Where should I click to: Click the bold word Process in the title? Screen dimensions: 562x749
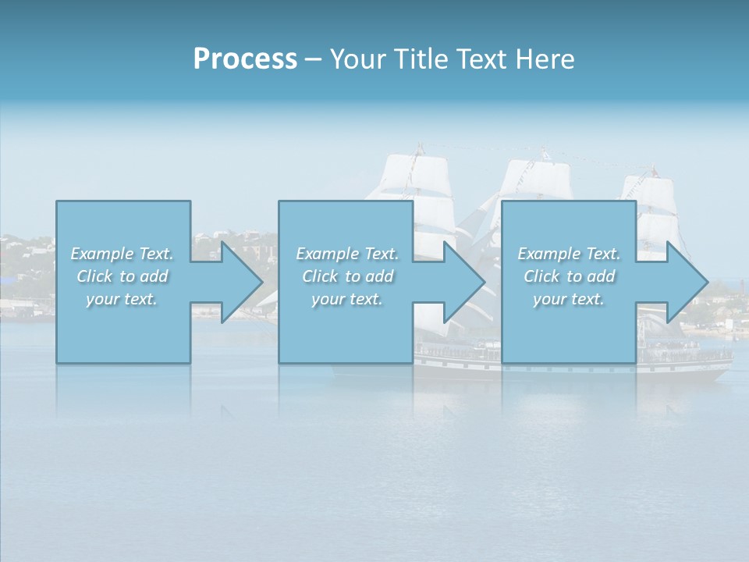245,59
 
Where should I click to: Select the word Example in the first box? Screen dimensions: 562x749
101,254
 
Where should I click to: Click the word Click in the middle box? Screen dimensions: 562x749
321,276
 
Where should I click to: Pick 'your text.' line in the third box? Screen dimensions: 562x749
569,299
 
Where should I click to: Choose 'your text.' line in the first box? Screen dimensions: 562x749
122,299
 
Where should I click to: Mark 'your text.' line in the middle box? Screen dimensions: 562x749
346,299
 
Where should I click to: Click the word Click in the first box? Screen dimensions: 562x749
95,276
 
